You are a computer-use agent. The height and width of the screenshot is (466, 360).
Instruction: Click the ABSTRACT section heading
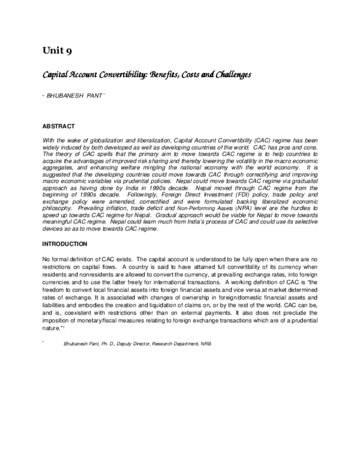click(x=58, y=126)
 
